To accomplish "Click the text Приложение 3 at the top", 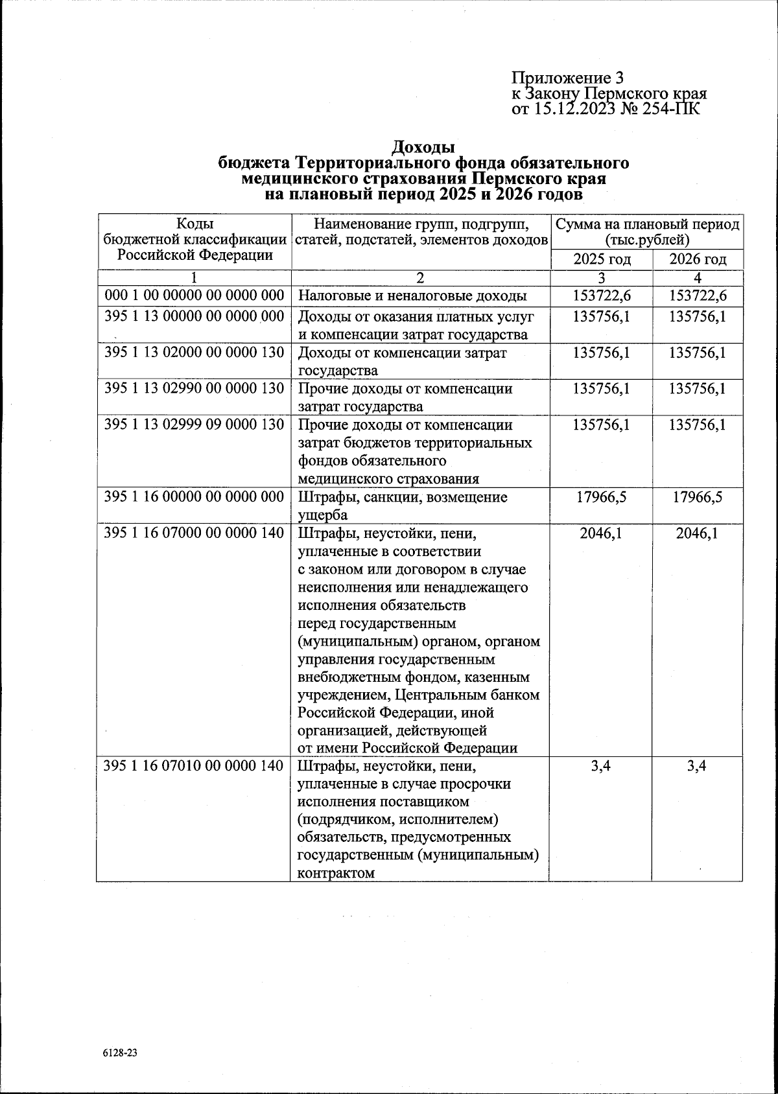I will tap(567, 78).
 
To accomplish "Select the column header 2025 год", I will tap(602, 260).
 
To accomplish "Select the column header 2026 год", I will tap(698, 260).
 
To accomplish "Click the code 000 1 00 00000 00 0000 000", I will tap(194, 296).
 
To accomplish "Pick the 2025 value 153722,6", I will tap(602, 296).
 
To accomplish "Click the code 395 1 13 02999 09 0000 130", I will tap(194, 425).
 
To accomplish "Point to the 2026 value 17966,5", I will tap(698, 497).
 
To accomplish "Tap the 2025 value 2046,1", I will tap(602, 533).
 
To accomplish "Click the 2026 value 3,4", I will tap(698, 766).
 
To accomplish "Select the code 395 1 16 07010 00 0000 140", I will tap(194, 766).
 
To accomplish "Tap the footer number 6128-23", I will tap(120, 1053).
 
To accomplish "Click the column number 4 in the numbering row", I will tap(698, 279).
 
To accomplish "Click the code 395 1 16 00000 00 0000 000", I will tap(194, 497).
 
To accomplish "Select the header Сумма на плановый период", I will tap(647, 225).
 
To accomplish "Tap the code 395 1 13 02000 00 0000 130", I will tap(194, 353).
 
